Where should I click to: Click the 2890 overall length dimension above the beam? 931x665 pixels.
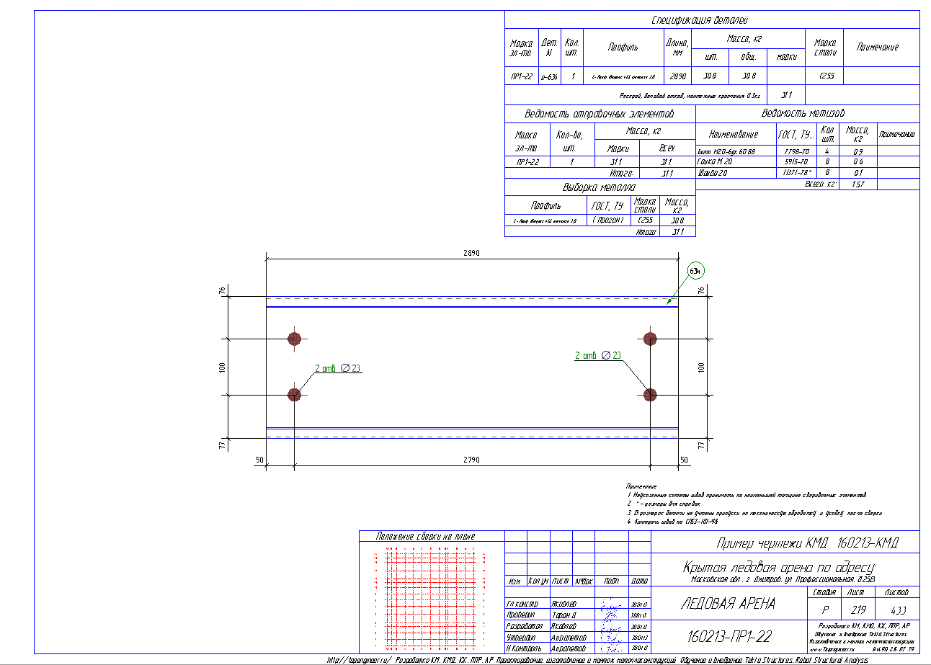click(471, 254)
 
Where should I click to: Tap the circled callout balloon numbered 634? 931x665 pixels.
click(695, 271)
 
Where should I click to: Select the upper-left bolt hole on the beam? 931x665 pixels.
click(294, 339)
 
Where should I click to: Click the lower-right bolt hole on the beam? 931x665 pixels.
click(651, 394)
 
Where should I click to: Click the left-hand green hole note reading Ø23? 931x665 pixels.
click(338, 368)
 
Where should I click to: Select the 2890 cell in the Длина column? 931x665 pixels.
click(677, 76)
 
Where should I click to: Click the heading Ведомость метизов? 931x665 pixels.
click(807, 113)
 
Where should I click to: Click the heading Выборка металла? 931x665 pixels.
click(600, 187)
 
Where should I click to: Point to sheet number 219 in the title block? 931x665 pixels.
click(855, 610)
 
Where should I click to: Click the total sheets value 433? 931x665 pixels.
click(898, 610)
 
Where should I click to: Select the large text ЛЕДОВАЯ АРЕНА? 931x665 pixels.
click(728, 604)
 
